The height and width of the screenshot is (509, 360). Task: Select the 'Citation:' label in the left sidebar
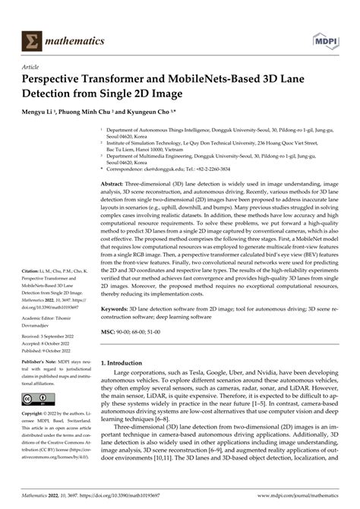[x=31, y=292]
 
